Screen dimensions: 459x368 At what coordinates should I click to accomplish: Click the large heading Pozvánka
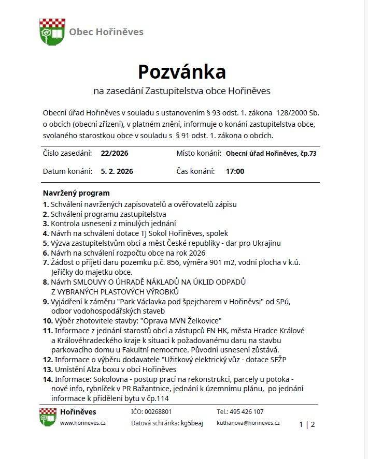pyautogui.click(x=181, y=70)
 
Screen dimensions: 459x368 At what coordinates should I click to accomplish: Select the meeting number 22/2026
pyautogui.click(x=115, y=154)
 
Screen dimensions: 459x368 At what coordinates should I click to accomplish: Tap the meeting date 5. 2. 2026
pyautogui.click(x=117, y=171)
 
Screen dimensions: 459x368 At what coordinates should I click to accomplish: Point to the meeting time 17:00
pyautogui.click(x=235, y=171)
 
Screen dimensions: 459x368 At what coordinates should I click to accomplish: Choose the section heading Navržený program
pyautogui.click(x=76, y=193)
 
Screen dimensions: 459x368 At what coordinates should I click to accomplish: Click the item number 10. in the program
pyautogui.click(x=48, y=321)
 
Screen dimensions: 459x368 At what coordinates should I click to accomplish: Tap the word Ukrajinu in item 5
pyautogui.click(x=263, y=243)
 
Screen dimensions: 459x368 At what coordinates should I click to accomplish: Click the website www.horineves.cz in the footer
pyautogui.click(x=82, y=423)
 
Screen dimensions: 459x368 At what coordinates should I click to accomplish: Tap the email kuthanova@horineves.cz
pyautogui.click(x=248, y=423)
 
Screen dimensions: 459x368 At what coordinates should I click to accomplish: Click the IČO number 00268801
pyautogui.click(x=158, y=412)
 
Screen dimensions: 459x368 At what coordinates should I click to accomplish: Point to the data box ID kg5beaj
pyautogui.click(x=192, y=423)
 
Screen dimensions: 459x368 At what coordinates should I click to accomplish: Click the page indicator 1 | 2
pyautogui.click(x=307, y=425)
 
